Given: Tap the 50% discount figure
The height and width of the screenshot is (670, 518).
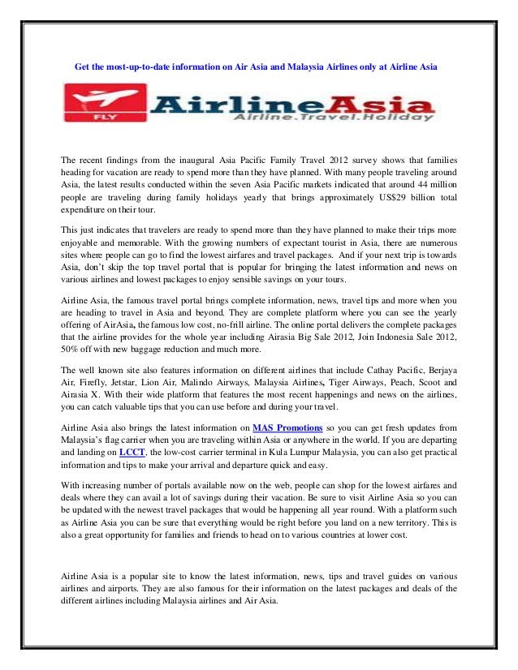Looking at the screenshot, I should (71, 349).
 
